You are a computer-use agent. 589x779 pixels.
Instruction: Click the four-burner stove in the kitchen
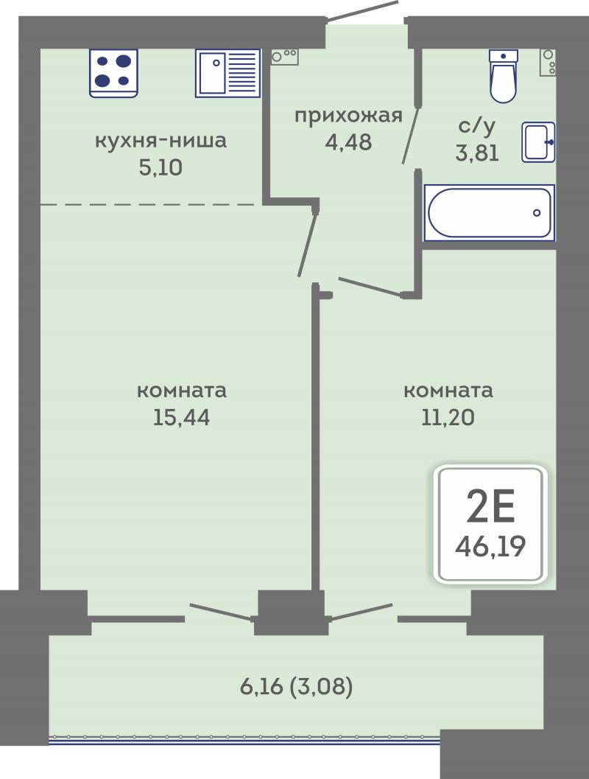(113, 73)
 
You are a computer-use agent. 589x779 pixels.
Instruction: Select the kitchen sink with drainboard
(228, 73)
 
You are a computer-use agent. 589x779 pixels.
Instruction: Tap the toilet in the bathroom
(503, 76)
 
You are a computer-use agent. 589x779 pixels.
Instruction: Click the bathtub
(490, 213)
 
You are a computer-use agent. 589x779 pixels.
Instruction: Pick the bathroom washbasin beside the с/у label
(538, 142)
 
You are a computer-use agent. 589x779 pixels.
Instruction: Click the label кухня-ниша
(161, 141)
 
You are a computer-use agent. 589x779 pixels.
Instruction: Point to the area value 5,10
(161, 167)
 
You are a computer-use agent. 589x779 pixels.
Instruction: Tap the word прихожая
(348, 116)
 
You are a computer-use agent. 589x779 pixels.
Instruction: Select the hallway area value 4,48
(348, 142)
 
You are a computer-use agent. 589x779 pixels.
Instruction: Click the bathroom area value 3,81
(477, 153)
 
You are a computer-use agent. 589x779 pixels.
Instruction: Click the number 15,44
(181, 417)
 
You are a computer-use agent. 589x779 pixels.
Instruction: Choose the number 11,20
(448, 417)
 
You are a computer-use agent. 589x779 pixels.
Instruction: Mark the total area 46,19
(490, 547)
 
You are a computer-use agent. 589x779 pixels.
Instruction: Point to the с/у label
(477, 126)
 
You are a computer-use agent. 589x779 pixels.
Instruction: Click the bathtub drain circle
(537, 213)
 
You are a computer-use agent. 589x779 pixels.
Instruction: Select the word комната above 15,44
(182, 391)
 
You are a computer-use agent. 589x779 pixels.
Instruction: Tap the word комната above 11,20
(448, 391)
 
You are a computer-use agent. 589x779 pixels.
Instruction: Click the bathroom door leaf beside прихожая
(412, 134)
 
